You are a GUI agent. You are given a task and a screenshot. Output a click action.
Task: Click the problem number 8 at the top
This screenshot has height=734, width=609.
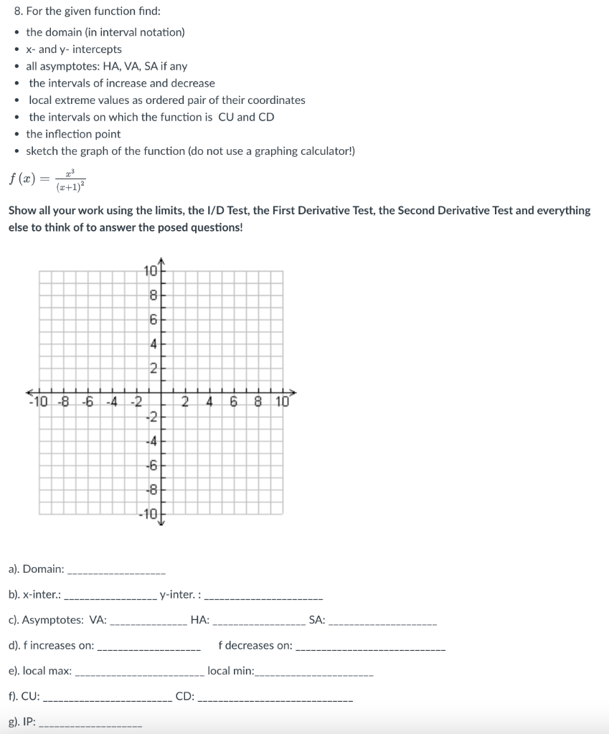[18, 11]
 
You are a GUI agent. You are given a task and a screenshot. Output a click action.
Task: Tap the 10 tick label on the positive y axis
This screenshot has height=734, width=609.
[149, 271]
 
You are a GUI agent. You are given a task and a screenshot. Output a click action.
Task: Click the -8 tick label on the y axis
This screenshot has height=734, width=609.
[151, 490]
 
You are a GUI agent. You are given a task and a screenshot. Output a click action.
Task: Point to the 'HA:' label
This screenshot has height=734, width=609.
[200, 620]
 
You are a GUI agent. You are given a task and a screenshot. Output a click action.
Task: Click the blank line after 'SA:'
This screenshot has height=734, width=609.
[382, 621]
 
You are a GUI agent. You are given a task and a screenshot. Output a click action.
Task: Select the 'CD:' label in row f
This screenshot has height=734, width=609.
[184, 695]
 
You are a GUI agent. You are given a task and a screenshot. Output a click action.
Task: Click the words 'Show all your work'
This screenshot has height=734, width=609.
[49, 211]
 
